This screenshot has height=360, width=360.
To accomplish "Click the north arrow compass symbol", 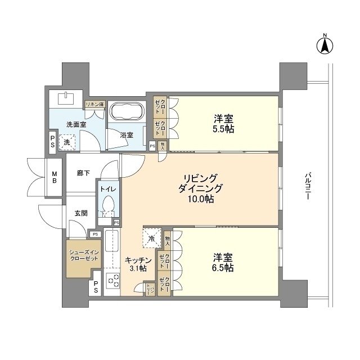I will (325, 46).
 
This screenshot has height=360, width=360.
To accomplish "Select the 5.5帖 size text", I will (224, 129).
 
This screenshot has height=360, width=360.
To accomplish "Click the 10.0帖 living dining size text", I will (201, 199).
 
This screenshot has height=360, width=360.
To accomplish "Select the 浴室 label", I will (127, 135).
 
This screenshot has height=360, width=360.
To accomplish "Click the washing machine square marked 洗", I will (67, 143).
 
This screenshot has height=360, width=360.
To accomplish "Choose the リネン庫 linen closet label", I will (94, 105).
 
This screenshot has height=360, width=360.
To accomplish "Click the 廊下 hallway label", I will (84, 174).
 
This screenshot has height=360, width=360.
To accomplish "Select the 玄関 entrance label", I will (80, 213).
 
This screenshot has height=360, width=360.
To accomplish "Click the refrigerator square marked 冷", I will (152, 237).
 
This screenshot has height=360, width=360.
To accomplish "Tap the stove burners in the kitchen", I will (112, 280).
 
